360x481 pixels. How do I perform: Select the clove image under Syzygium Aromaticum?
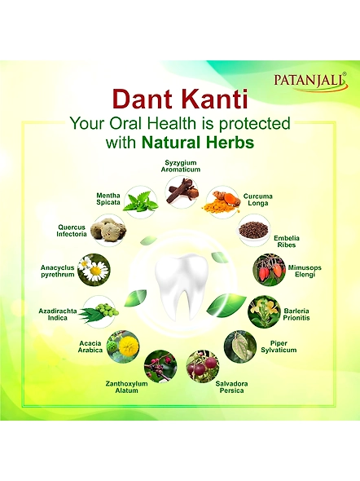182,192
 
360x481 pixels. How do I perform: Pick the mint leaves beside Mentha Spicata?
141,201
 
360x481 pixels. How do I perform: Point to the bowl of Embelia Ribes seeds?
255,230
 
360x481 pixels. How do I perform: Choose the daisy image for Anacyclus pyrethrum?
94,270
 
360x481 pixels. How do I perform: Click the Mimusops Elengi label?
305,271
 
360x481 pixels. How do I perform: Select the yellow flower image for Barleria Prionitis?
264,311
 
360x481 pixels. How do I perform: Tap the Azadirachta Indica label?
58,315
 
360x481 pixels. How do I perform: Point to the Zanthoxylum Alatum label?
126,387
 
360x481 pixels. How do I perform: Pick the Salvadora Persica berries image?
203,366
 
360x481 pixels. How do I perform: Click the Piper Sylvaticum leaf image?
240,346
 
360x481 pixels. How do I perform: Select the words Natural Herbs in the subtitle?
198,143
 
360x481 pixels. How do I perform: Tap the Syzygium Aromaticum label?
181,166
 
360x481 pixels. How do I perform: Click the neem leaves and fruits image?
99,312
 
